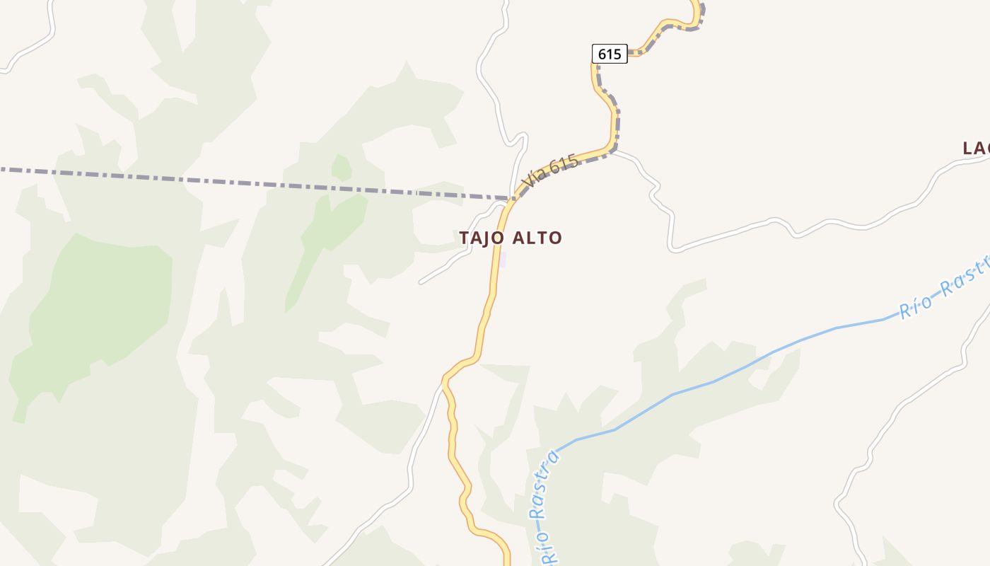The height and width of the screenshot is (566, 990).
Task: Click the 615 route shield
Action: pyautogui.click(x=609, y=54)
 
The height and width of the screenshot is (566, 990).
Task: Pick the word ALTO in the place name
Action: pyautogui.click(x=536, y=238)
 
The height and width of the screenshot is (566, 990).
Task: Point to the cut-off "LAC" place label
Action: pyautogui.click(x=975, y=149)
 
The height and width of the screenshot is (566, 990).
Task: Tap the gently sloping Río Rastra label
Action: pyautogui.click(x=944, y=288)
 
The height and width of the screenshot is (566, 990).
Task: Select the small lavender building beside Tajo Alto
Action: pyautogui.click(x=503, y=260)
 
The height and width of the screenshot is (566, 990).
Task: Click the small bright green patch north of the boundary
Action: pyautogui.click(x=342, y=168)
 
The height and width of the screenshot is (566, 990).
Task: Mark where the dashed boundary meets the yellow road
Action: pyautogui.click(x=513, y=199)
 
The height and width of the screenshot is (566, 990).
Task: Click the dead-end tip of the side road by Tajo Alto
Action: pyautogui.click(x=421, y=282)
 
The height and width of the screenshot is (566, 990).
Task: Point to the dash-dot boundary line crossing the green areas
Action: pyautogui.click(x=212, y=180)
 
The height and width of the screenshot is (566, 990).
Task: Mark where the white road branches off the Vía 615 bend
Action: pyautogui.click(x=615, y=151)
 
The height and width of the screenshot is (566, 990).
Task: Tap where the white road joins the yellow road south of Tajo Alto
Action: pyautogui.click(x=444, y=382)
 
